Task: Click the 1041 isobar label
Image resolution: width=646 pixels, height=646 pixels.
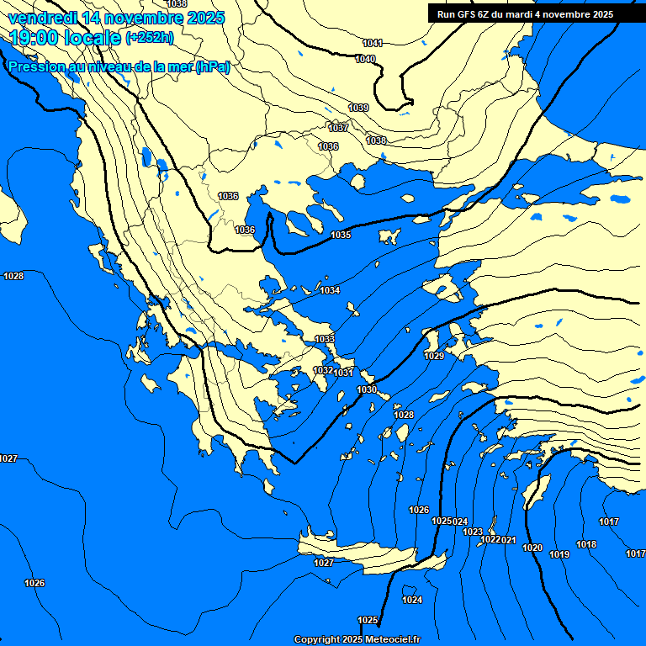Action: pyautogui.click(x=373, y=43)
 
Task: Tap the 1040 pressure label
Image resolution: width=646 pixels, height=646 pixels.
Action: pyautogui.click(x=365, y=59)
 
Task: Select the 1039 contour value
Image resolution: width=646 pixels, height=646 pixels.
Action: pyautogui.click(x=358, y=108)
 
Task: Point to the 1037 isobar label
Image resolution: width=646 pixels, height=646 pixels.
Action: pyautogui.click(x=338, y=128)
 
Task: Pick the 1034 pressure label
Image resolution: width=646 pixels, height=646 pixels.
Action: pyautogui.click(x=330, y=290)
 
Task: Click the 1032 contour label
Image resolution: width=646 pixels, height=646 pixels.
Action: pyautogui.click(x=323, y=370)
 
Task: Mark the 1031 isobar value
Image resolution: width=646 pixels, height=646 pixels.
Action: pyautogui.click(x=344, y=373)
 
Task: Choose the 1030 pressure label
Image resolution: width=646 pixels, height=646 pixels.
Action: pyautogui.click(x=367, y=389)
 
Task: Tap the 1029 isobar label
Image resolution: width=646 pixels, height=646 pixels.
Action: pyautogui.click(x=434, y=356)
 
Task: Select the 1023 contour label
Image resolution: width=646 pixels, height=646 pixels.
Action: pyautogui.click(x=473, y=532)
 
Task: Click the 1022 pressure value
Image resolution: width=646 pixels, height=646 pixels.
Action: pyautogui.click(x=490, y=539)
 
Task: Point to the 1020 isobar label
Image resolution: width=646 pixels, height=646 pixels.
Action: pyautogui.click(x=532, y=548)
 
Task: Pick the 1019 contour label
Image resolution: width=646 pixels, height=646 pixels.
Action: pyautogui.click(x=559, y=554)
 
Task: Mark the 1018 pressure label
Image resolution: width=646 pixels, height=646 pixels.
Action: pyautogui.click(x=586, y=544)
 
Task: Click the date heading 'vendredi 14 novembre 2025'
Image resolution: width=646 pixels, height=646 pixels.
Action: pyautogui.click(x=116, y=18)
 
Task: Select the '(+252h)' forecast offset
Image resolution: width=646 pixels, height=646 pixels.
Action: pyautogui.click(x=150, y=37)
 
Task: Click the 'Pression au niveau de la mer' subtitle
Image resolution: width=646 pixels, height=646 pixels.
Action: pyautogui.click(x=118, y=67)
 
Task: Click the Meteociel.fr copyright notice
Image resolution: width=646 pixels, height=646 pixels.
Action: pyautogui.click(x=357, y=639)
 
